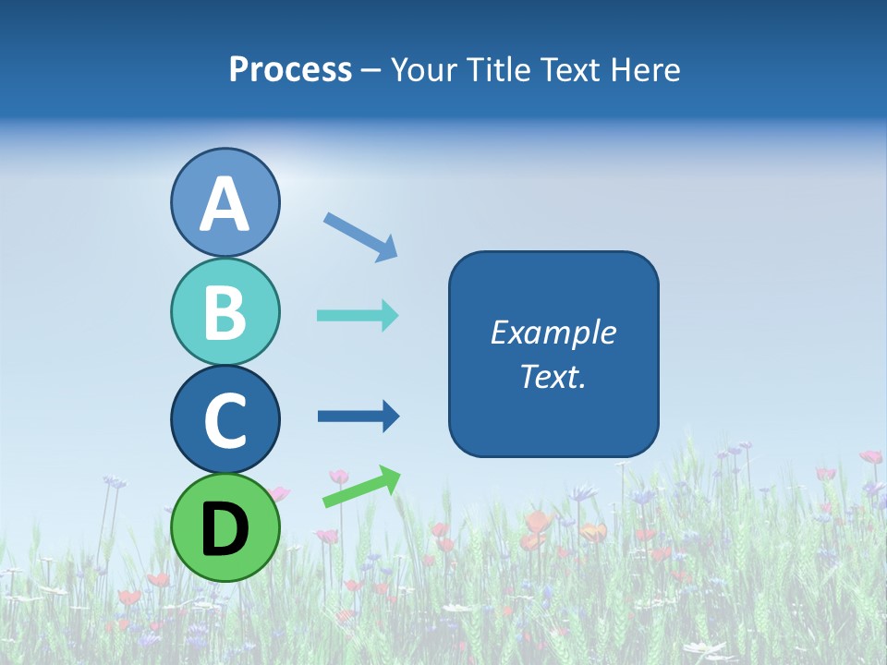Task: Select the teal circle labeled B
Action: point(225,311)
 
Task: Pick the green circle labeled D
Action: point(225,527)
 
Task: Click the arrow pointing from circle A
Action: point(360,236)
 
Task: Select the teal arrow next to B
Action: point(358,316)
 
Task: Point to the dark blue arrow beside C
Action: point(358,417)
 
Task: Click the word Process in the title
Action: point(290,70)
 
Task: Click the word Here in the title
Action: point(646,70)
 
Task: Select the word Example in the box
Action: point(553,332)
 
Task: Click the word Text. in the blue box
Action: point(553,376)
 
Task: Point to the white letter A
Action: point(225,204)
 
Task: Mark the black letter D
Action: point(225,529)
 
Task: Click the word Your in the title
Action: point(420,70)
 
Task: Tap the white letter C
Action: point(225,420)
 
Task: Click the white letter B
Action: point(225,312)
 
